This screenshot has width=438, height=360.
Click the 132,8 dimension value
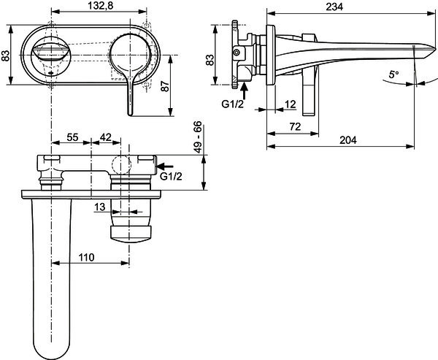[x=101, y=6]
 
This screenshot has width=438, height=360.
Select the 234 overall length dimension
[x=334, y=7]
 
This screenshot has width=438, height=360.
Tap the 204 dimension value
[x=348, y=140]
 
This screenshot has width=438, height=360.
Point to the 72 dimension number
[x=295, y=126]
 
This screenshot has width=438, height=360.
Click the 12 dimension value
[x=290, y=104]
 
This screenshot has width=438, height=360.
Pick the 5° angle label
[x=393, y=74]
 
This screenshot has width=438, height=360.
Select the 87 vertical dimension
[x=165, y=86]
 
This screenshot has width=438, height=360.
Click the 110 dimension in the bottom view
[x=86, y=257]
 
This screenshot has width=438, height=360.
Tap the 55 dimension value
[x=72, y=137]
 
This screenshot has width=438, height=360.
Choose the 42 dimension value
[x=106, y=137]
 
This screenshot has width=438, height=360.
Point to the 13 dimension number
[x=100, y=207]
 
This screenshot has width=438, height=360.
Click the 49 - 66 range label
[x=198, y=137]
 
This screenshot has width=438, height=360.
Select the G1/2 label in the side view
[x=233, y=104]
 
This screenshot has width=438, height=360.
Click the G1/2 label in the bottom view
[x=171, y=177]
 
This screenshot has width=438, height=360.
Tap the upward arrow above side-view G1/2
[x=245, y=91]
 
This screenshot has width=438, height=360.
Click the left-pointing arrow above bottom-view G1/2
[x=165, y=166]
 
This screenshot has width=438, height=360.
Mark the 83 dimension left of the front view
[x=6, y=55]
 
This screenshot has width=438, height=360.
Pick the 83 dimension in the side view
[x=210, y=60]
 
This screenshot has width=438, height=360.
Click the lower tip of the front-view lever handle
[x=130, y=115]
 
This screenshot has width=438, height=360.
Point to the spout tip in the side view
[x=435, y=48]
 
